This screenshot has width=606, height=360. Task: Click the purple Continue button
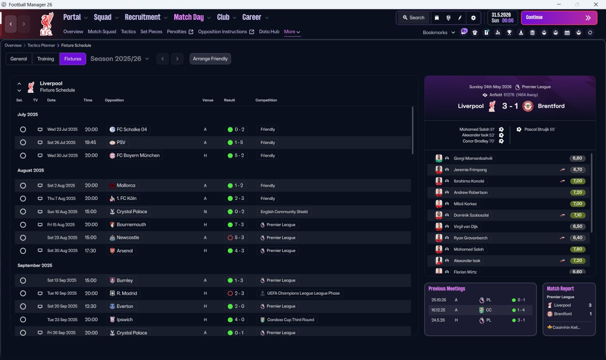tap(559, 18)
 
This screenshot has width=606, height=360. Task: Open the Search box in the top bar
tap(414, 18)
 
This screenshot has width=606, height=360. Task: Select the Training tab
tap(45, 59)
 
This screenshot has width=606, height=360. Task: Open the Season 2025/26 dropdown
tap(120, 59)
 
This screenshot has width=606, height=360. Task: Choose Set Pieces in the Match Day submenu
tap(151, 32)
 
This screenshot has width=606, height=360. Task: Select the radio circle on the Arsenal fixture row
tap(23, 251)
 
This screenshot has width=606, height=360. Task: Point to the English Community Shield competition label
tap(284, 212)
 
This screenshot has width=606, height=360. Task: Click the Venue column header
tap(208, 100)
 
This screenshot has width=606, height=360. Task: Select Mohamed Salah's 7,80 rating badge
tap(577, 249)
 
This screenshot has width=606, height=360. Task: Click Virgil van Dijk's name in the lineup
tap(465, 226)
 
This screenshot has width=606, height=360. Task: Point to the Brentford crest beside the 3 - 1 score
tap(528, 106)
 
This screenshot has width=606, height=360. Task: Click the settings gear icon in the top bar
tap(473, 18)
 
